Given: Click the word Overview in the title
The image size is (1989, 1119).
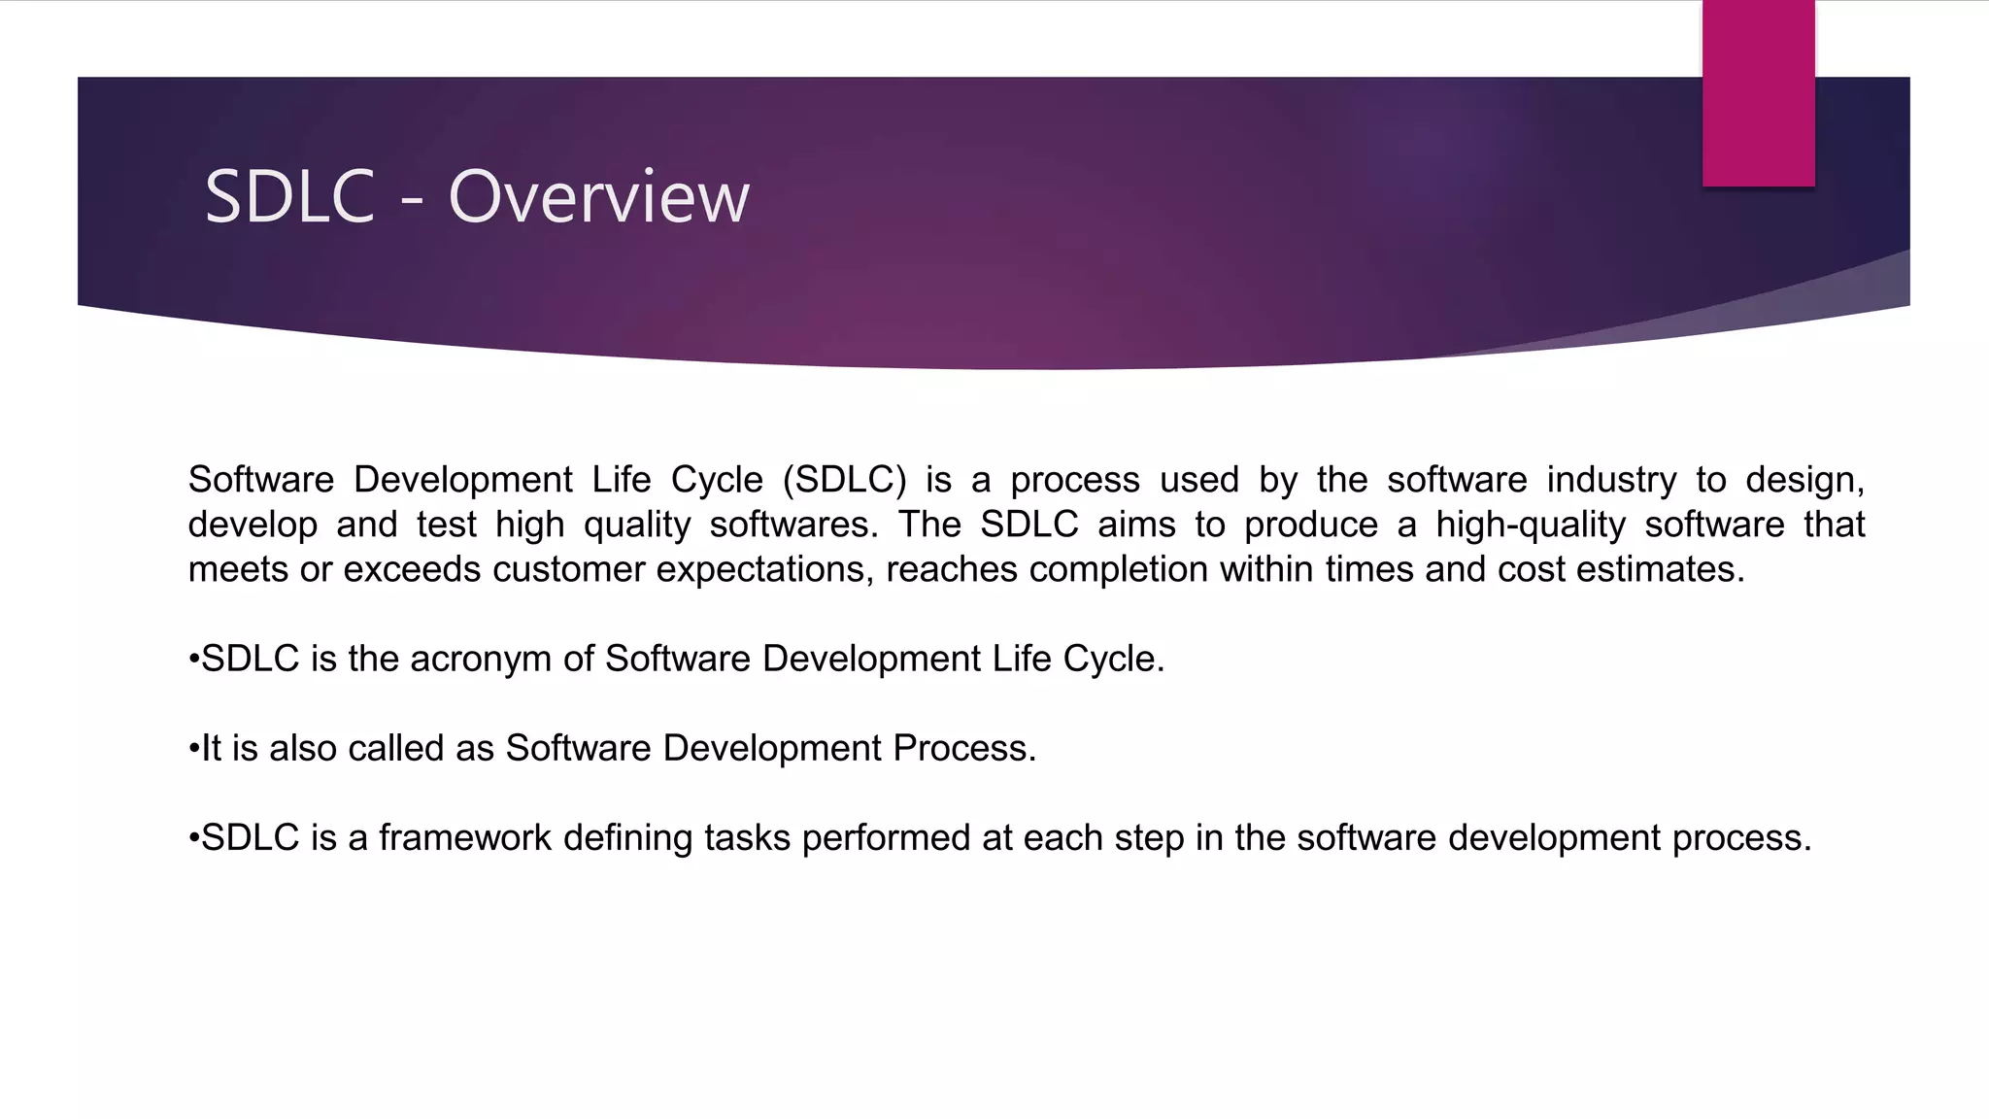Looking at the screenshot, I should point(598,197).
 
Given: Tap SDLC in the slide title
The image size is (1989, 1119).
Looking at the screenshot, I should point(289,197).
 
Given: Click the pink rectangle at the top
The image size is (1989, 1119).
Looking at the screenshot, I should point(1758,92).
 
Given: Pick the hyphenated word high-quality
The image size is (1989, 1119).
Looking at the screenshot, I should point(1531,525).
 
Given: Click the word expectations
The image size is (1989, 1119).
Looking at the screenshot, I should point(765,569).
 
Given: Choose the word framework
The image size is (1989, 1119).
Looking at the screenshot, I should point(464,837).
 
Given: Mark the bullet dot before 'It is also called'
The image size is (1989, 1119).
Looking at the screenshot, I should point(193,749).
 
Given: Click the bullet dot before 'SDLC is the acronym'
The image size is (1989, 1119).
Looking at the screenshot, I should point(193,660).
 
